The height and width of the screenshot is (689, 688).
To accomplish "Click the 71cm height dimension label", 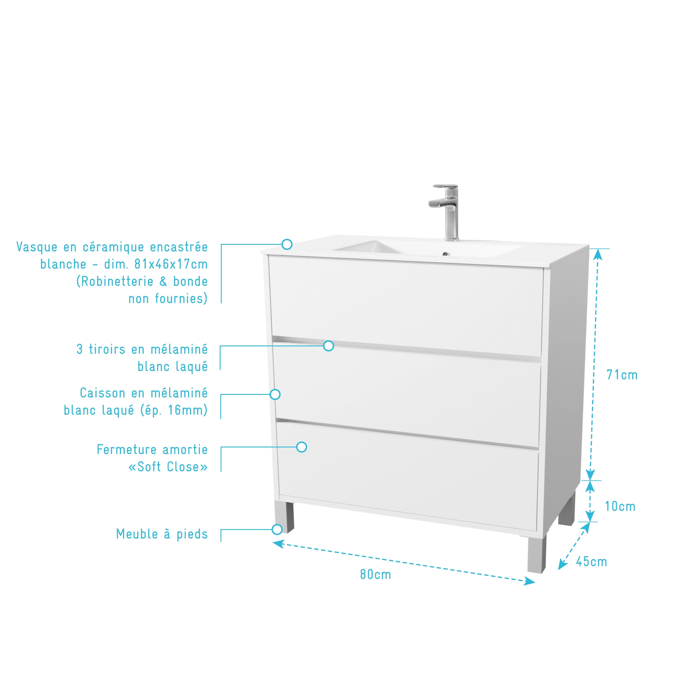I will (x=622, y=375).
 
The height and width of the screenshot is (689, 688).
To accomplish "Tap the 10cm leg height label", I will (x=620, y=506).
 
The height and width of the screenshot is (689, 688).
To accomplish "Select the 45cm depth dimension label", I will (x=591, y=562).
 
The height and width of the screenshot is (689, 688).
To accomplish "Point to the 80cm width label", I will (x=376, y=575).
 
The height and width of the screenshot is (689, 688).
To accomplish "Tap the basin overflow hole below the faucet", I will (x=445, y=254).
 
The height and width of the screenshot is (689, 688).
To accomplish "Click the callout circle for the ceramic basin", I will (x=287, y=244).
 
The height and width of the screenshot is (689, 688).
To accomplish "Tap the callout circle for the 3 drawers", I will (x=329, y=346).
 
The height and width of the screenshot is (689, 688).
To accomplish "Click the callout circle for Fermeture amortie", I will (x=301, y=447).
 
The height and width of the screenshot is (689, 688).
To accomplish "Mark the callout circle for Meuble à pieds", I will (x=277, y=529).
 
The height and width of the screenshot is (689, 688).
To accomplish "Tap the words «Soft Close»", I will (x=168, y=467).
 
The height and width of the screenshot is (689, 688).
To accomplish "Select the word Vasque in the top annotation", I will (x=37, y=247).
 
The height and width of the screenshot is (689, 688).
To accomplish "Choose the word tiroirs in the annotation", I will (x=107, y=349).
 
